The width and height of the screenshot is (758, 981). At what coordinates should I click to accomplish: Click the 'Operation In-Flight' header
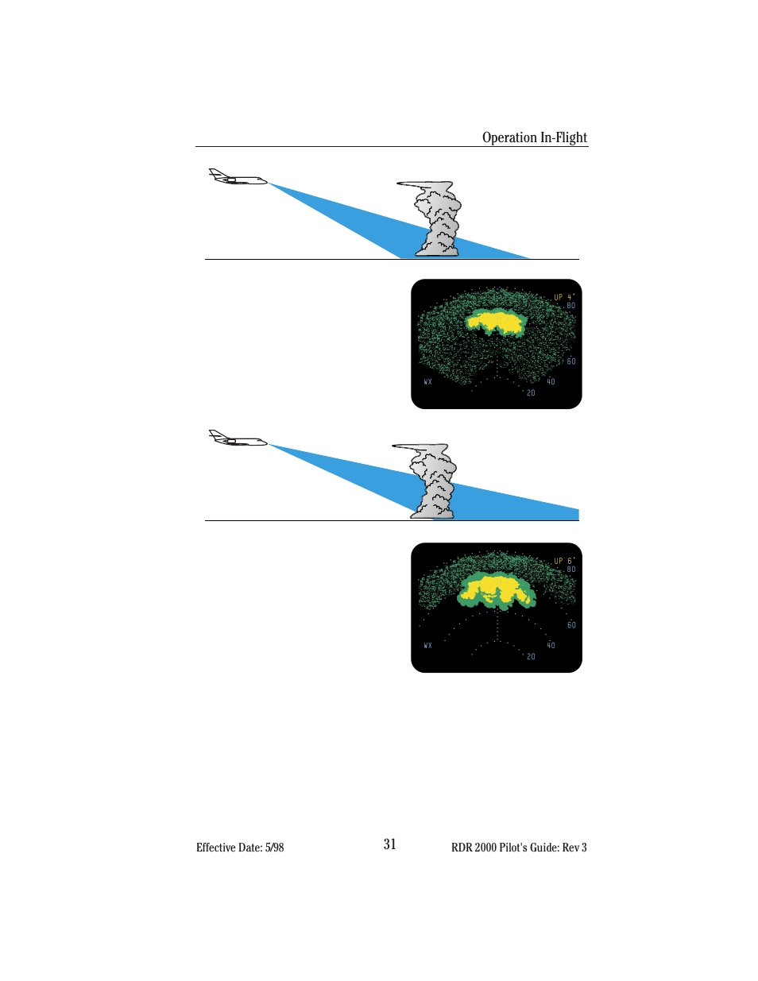tap(534, 137)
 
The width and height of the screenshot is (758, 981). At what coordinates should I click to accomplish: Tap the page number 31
tap(389, 844)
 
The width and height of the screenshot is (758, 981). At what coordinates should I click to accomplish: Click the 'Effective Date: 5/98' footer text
tap(240, 848)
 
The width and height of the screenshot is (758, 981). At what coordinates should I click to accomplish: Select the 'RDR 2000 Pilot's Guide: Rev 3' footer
tap(519, 848)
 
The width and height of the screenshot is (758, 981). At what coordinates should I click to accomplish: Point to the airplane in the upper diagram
tap(237, 178)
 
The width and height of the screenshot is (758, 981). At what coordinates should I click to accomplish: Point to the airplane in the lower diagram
tap(237, 439)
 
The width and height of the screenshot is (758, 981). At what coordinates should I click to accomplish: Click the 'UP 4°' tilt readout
tap(563, 297)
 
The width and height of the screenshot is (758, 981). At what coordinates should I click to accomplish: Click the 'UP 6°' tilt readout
tap(563, 561)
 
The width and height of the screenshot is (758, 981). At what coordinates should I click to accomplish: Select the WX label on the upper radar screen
tap(427, 382)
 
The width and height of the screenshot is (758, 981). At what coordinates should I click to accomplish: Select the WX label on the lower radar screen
tap(427, 646)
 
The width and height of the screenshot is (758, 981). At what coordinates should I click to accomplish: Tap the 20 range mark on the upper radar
tap(531, 393)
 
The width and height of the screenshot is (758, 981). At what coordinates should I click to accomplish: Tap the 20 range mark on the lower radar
tap(531, 657)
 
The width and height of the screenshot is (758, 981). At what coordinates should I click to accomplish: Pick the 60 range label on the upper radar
tap(571, 361)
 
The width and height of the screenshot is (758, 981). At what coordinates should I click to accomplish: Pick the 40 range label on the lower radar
tap(551, 646)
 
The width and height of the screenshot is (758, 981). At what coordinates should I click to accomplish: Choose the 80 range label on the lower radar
tap(571, 570)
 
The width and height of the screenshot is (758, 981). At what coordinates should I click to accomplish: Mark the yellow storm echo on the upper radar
tap(497, 321)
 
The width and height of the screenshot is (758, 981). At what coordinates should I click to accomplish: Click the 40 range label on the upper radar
tap(551, 382)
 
